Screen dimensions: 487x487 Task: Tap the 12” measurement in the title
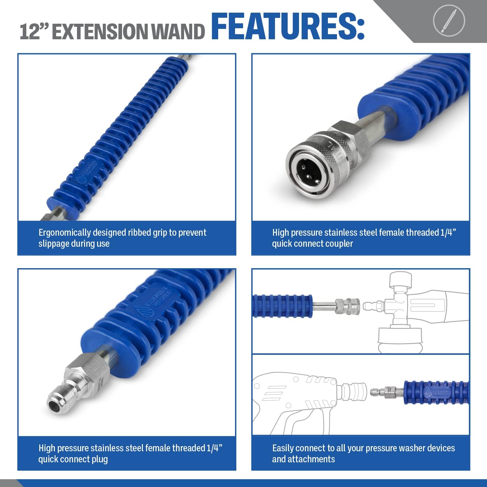pyautogui.click(x=33, y=31)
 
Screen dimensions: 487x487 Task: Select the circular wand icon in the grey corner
pyautogui.click(x=449, y=20)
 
